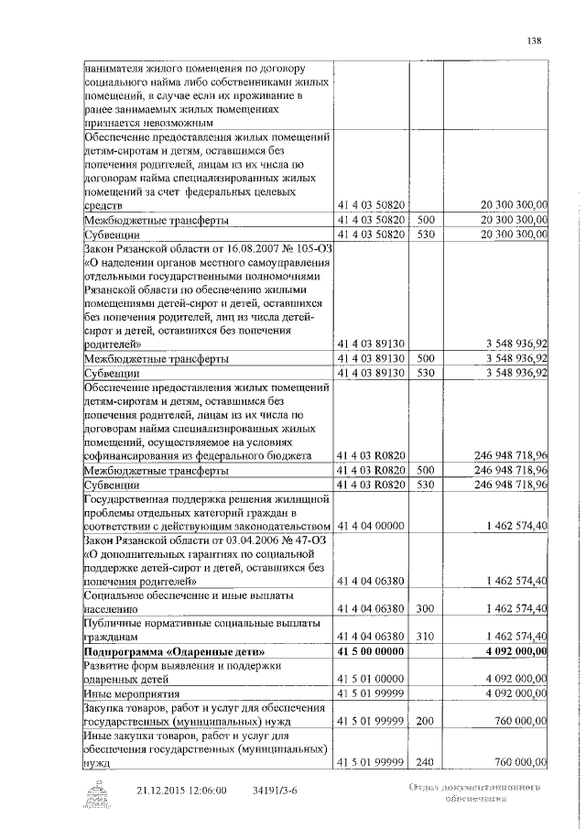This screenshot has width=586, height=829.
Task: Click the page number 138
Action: (536, 39)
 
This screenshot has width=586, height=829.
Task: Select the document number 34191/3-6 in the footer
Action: (277, 790)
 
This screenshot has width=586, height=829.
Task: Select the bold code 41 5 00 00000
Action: (371, 650)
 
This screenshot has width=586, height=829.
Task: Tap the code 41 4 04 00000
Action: (371, 527)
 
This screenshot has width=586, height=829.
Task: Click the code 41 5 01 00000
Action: (371, 678)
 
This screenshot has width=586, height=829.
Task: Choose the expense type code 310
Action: (425, 636)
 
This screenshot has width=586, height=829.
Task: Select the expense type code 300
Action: (425, 608)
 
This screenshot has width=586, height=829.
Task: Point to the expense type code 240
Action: (425, 762)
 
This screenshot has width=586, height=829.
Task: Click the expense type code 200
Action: (425, 721)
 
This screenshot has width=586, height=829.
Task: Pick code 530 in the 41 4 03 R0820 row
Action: (425, 484)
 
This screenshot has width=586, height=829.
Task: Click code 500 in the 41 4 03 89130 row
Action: (425, 358)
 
